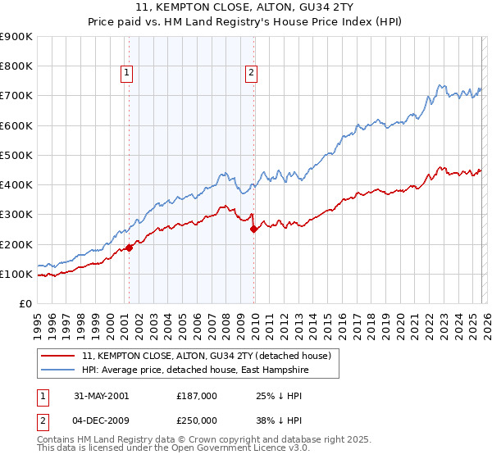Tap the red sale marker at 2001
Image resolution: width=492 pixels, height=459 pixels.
(x=130, y=248)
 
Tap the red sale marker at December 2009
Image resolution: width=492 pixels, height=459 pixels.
(x=253, y=229)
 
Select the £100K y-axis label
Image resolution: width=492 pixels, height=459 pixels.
(x=16, y=274)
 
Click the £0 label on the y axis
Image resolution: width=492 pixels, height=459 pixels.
(x=24, y=303)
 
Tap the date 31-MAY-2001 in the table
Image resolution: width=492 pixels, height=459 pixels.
(x=101, y=395)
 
